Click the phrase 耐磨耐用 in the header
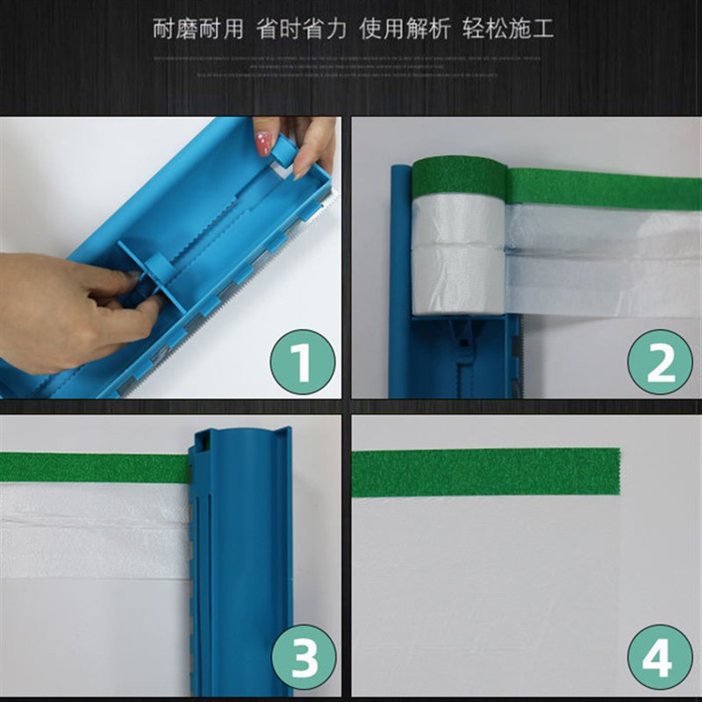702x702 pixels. pos(197,29)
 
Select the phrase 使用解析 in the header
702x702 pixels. pos(405,29)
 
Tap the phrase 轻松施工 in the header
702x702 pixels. pos(508,29)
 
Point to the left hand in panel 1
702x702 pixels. pos(61,307)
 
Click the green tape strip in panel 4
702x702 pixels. pos(483,472)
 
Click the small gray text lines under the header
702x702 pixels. pos(351,67)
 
